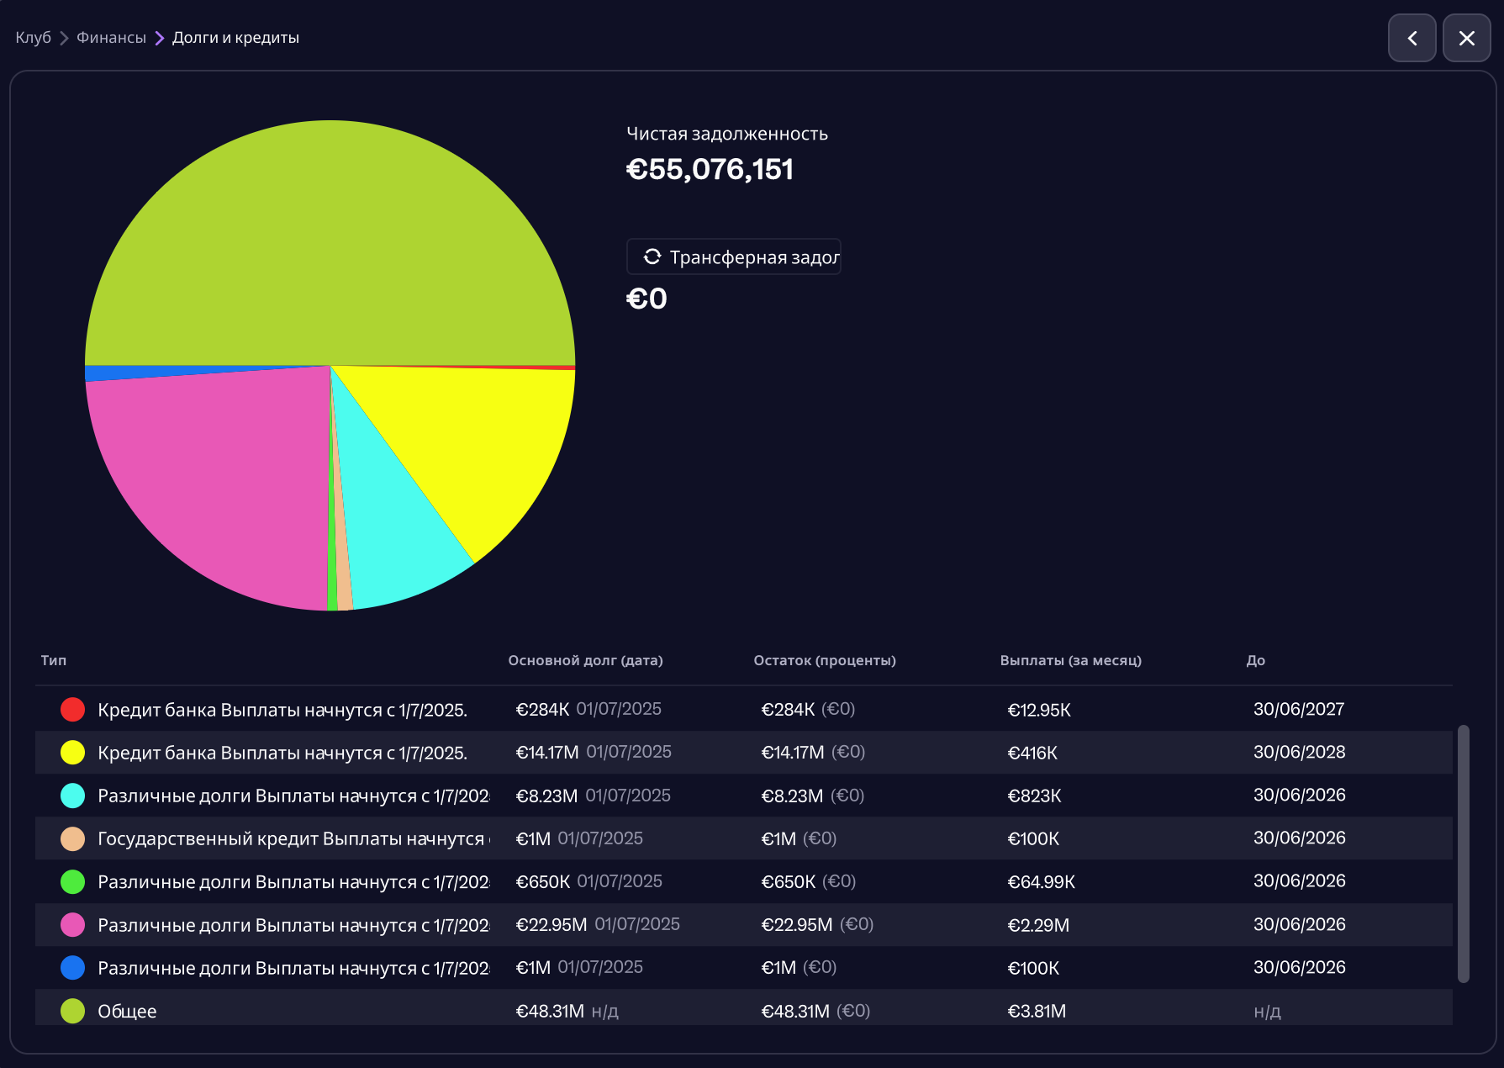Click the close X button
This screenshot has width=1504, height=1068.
pos(1466,38)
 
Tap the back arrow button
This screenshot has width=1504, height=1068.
pos(1412,38)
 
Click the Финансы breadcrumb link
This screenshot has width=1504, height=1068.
pos(111,38)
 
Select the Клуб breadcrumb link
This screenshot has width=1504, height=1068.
pos(33,38)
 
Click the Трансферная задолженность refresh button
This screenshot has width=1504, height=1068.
pos(733,256)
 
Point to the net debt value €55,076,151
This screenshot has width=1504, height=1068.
pos(710,169)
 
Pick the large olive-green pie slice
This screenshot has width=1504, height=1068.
pos(330,244)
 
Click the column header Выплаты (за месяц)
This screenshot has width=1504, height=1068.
pos(1070,660)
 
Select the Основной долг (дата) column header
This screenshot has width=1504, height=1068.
pos(585,660)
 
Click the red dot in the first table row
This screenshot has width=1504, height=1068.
pos(73,709)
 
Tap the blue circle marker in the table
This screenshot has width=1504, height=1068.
pos(73,967)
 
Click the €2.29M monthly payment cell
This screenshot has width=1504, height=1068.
pos(1038,925)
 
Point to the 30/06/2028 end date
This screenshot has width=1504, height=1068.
pos(1299,752)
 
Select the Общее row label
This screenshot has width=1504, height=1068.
pos(127,1011)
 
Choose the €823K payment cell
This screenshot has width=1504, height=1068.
pos(1034,796)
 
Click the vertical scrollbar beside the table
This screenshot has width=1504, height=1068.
pos(1463,853)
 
